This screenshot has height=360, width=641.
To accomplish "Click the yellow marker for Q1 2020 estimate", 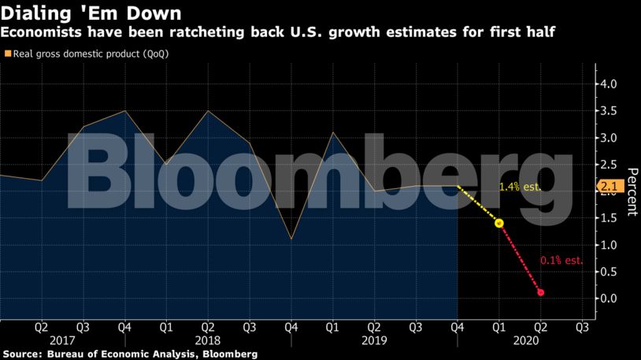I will (x=498, y=223).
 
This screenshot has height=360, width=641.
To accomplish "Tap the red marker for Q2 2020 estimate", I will (x=540, y=293).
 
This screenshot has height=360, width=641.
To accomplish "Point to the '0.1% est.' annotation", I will (x=561, y=260).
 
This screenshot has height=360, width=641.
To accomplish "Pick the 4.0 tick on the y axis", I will (x=609, y=84).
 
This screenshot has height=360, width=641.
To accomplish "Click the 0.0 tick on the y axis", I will (x=609, y=299).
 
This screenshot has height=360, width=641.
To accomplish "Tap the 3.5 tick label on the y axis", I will (x=609, y=111).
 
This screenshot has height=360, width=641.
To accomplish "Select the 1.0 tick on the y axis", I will (x=609, y=245).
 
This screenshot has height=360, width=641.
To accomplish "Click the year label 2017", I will (x=61, y=341).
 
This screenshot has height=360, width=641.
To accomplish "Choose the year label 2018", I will (x=207, y=341).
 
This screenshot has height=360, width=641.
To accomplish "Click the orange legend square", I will (x=7, y=54).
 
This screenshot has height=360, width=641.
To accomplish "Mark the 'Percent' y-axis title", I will (x=631, y=191).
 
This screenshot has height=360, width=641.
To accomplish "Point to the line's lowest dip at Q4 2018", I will (x=291, y=239).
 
